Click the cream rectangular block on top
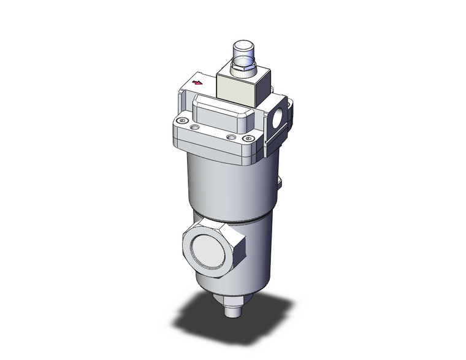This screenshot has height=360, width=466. (x=239, y=88)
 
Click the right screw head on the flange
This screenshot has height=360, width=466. (x=248, y=139)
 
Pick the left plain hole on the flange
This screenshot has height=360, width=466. (x=194, y=128)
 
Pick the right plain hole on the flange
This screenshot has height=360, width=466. (x=231, y=136)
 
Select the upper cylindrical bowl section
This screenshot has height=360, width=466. (x=227, y=184)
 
